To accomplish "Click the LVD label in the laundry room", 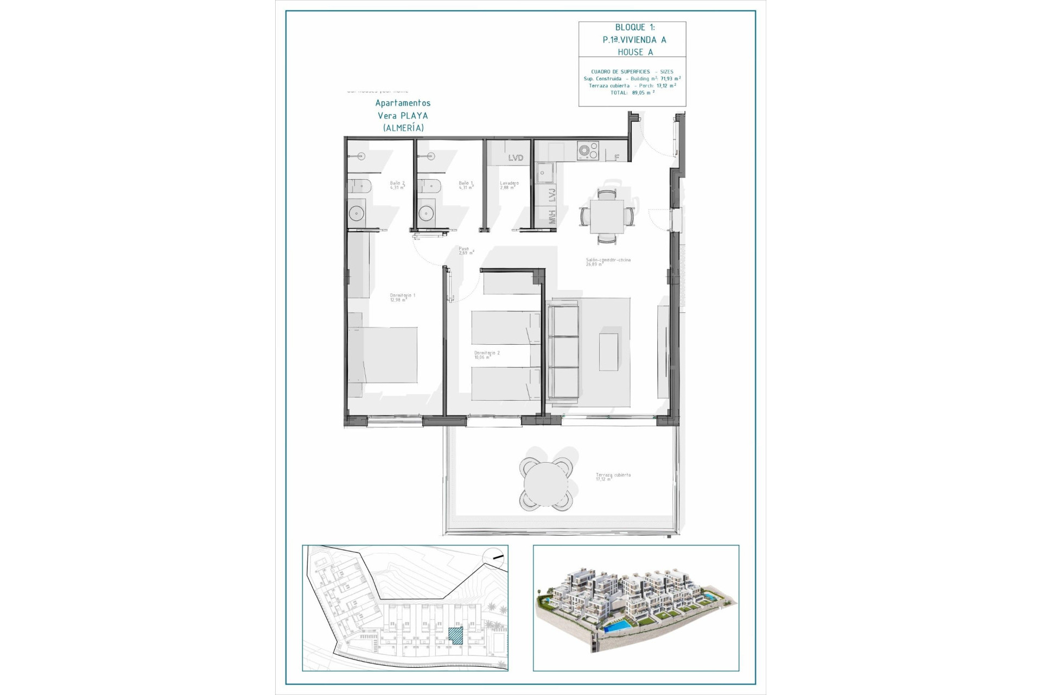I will pyautogui.click(x=516, y=158).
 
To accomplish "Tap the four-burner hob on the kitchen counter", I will pyautogui.click(x=587, y=150).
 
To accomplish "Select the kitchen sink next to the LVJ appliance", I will pyautogui.click(x=544, y=173).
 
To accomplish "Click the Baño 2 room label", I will pyautogui.click(x=397, y=185).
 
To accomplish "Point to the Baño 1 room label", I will pyautogui.click(x=466, y=185).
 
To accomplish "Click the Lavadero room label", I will pyautogui.click(x=509, y=185).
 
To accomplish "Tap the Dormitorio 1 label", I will pyautogui.click(x=402, y=298).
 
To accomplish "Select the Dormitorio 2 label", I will pyautogui.click(x=486, y=355).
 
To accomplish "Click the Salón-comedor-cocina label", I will pyautogui.click(x=608, y=262).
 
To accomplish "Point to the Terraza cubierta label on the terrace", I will pyautogui.click(x=613, y=477).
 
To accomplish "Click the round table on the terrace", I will pyautogui.click(x=545, y=484).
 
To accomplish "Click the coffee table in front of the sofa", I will pyautogui.click(x=608, y=352).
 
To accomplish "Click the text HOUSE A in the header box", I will pyautogui.click(x=635, y=52).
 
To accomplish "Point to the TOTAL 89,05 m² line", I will pyautogui.click(x=632, y=93).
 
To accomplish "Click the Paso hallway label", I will pyautogui.click(x=466, y=251).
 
